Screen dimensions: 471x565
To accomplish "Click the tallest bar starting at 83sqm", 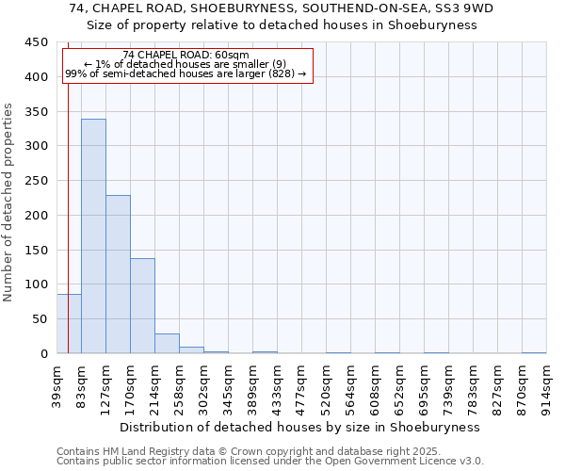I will pos(93,235).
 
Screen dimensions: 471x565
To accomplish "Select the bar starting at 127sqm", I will pos(118,274).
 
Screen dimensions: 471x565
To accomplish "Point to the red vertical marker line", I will pos(69,188).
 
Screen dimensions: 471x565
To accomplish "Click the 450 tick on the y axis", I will pos(37,42).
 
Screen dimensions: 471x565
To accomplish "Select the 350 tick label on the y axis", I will pos(37,112).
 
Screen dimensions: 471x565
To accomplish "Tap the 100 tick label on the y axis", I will pos(37,284).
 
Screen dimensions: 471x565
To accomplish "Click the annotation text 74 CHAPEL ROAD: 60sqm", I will pos(186,56).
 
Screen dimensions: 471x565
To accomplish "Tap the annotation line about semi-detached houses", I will pos(186,73).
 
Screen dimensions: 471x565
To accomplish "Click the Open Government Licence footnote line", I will pos(270,462).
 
